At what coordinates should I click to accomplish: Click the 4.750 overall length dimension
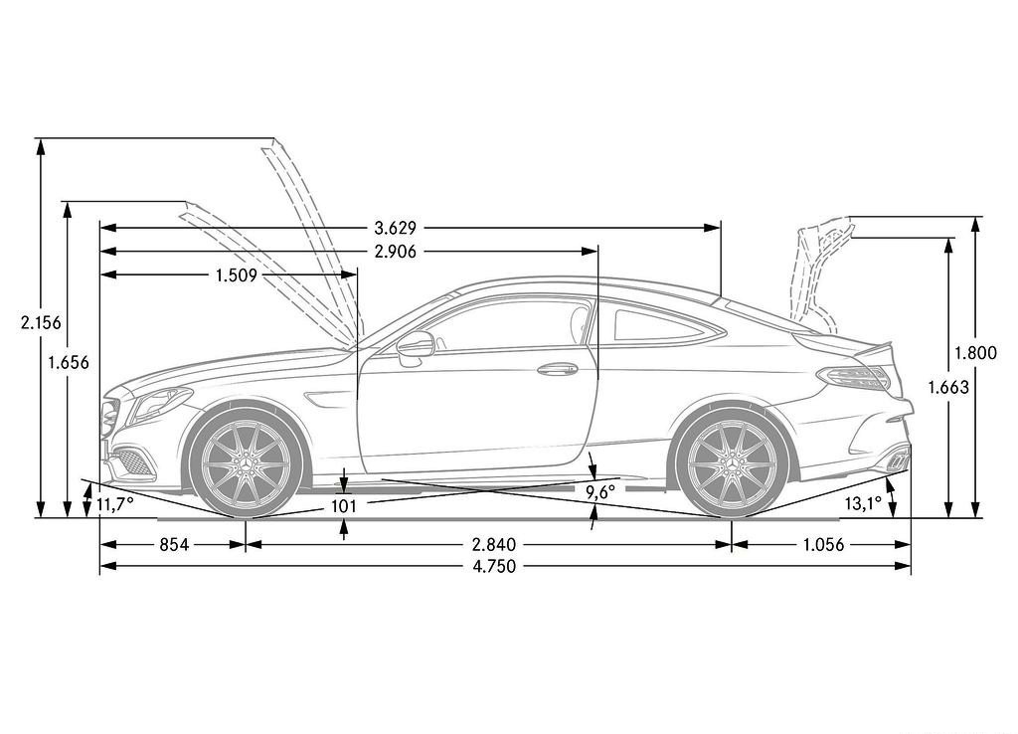click(x=494, y=567)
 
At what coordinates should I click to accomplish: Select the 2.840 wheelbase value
click(x=494, y=544)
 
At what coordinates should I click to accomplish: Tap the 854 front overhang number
click(x=174, y=544)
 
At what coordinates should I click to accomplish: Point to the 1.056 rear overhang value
click(x=823, y=544)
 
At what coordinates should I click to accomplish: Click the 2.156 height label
click(x=41, y=322)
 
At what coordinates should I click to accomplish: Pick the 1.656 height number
click(x=69, y=362)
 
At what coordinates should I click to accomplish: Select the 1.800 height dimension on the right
click(x=975, y=353)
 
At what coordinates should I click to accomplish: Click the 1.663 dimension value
click(x=947, y=387)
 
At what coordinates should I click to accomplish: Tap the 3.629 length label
click(x=396, y=228)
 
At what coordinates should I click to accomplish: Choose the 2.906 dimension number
click(x=396, y=252)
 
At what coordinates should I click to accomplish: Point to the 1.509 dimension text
click(x=237, y=275)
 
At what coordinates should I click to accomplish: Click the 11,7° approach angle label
click(x=115, y=503)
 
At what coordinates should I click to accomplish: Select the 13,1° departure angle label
click(x=864, y=502)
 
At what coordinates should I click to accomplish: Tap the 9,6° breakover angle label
click(x=599, y=492)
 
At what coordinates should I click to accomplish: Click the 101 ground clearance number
click(x=343, y=505)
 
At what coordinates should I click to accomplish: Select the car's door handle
click(x=558, y=369)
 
